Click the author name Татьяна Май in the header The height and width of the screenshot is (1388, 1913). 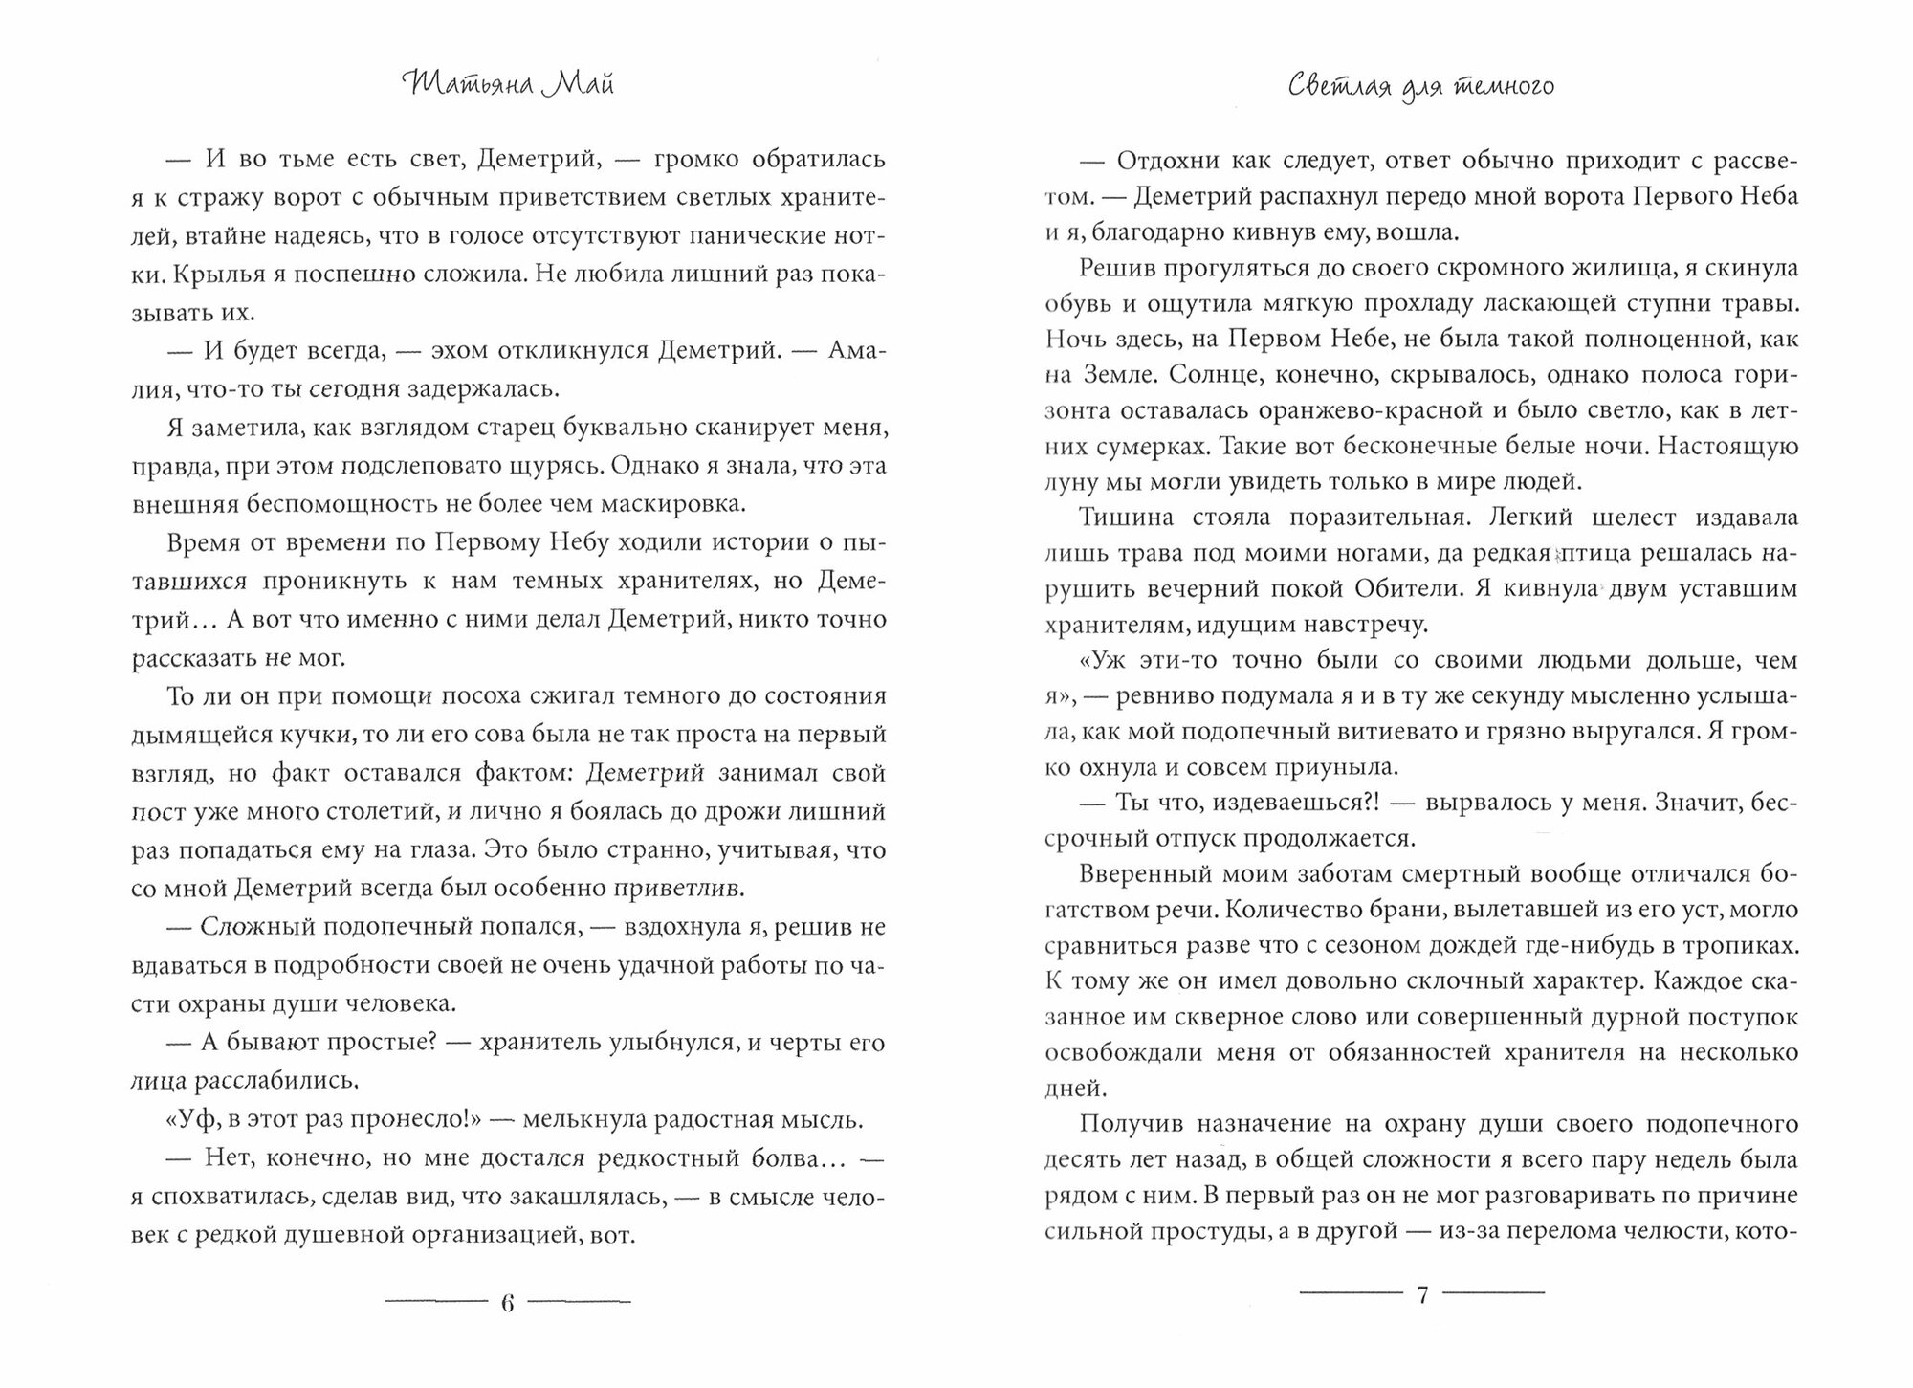(x=508, y=85)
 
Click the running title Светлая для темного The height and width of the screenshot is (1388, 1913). (x=1420, y=87)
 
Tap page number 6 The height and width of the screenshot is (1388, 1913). (x=508, y=1302)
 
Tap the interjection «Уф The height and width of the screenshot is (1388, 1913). (x=188, y=1119)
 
